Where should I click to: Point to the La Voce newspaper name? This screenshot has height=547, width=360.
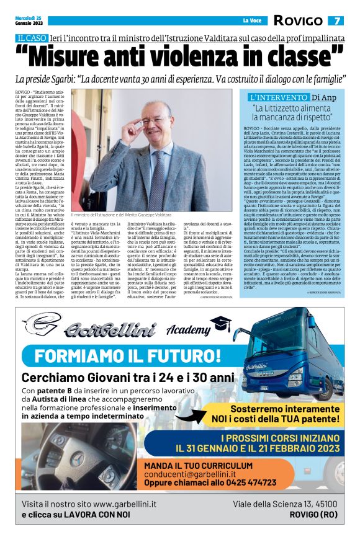tap(251, 20)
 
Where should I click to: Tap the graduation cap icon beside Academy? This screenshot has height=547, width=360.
tap(220, 322)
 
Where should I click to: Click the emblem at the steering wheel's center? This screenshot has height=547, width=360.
tap(77, 458)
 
